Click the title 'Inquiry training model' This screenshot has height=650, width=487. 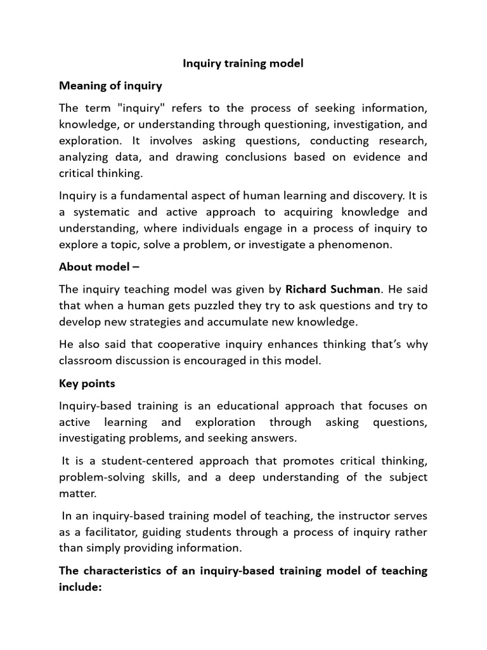click(x=243, y=63)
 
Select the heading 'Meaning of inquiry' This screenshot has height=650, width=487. click(x=110, y=85)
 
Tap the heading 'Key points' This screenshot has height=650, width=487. click(x=87, y=383)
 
